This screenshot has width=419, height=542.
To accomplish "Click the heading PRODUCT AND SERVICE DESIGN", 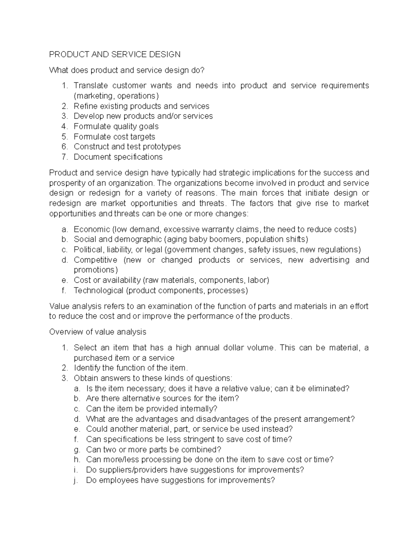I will click(x=115, y=54).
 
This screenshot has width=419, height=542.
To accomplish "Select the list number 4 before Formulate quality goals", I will click(x=64, y=126).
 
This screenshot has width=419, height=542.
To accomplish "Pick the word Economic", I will click(x=91, y=229).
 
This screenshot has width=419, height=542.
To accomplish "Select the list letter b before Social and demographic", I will click(x=64, y=239).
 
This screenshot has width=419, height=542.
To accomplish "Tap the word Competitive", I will click(x=95, y=260).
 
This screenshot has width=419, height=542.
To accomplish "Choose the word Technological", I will click(x=98, y=290).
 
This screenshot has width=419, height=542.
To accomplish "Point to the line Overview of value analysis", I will click(x=98, y=332).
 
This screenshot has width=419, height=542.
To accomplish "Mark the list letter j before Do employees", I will click(x=75, y=480).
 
